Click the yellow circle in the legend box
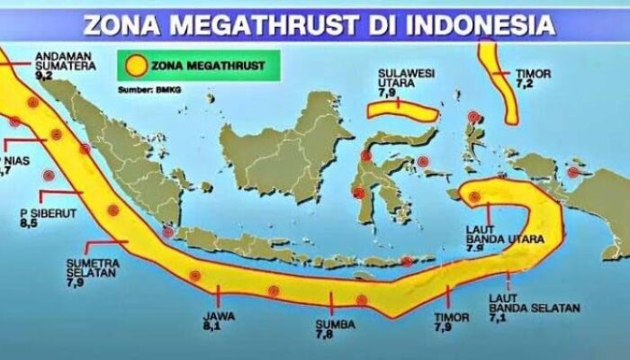(x=137, y=66)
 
